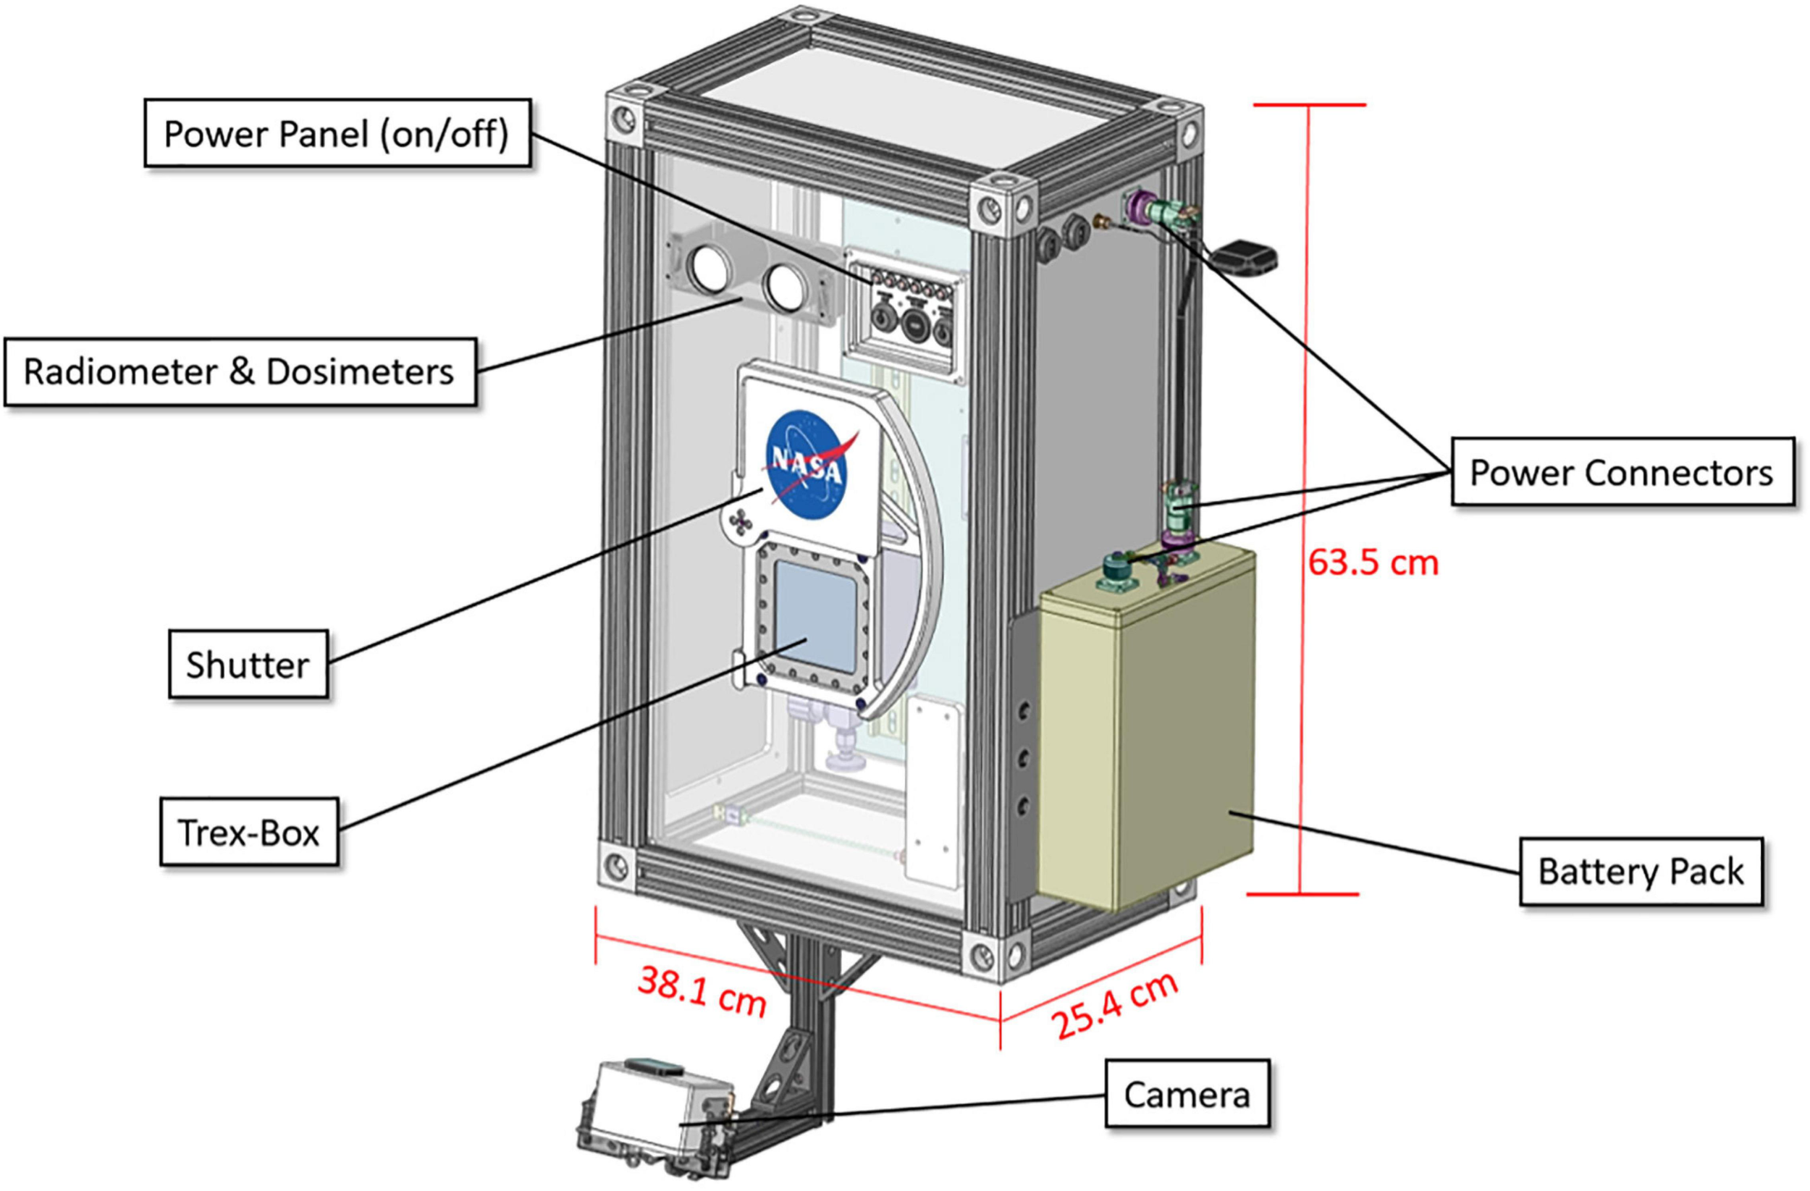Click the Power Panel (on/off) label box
pos(336,134)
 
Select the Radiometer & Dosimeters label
pos(239,372)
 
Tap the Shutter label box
pos(248,664)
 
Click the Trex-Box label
pos(248,833)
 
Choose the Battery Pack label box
pos(1641,872)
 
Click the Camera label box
pos(1187,1095)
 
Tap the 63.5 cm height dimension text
pos(1373,563)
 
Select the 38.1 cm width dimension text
pos(701,992)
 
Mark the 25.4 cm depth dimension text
pos(1115,1006)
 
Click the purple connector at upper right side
pos(1138,206)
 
